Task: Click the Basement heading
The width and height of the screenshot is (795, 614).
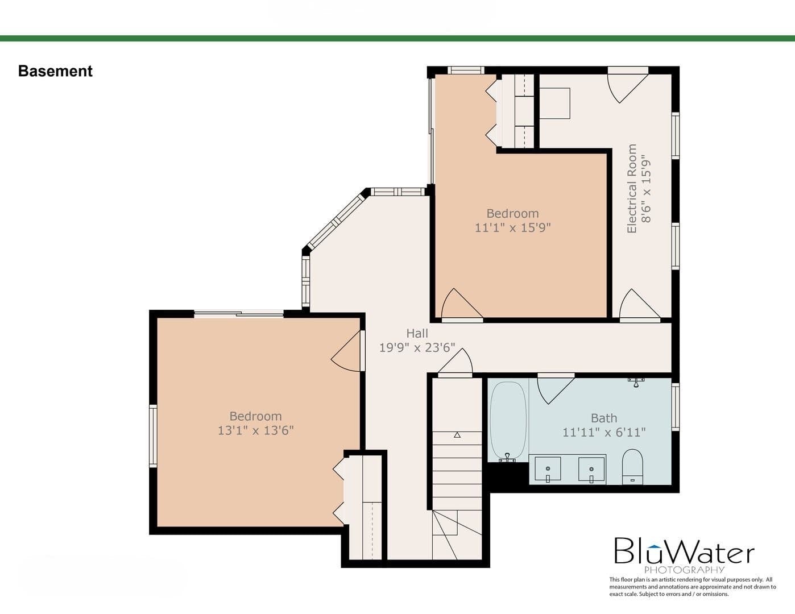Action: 55,71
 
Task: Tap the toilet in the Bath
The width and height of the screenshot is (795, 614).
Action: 632,466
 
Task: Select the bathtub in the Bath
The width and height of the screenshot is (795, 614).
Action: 508,421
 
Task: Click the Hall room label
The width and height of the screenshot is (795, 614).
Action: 417,333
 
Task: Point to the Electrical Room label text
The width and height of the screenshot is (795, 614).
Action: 632,189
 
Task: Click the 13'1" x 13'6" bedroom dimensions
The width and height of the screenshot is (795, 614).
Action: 256,430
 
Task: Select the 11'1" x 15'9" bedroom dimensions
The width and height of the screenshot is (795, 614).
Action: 512,227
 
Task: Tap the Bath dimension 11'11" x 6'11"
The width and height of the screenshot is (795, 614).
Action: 604,432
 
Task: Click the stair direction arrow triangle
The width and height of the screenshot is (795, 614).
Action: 457,435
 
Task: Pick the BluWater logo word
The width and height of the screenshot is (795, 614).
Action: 684,551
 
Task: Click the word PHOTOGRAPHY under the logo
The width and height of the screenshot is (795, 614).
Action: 684,570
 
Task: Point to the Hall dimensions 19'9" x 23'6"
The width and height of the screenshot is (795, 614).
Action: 417,347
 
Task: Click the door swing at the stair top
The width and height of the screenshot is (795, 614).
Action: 456,362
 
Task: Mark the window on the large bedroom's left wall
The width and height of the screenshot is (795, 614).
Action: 153,436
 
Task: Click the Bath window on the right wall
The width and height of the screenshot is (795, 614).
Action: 676,406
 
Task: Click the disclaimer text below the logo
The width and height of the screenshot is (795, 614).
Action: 692,587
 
